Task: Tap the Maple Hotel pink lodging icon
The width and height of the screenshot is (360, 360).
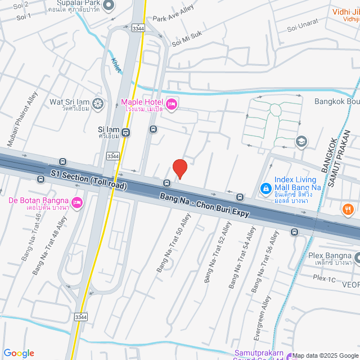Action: [x=172, y=103]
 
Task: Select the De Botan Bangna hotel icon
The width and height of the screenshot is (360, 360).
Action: [x=77, y=202]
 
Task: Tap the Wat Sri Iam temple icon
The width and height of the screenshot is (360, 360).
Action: [x=98, y=103]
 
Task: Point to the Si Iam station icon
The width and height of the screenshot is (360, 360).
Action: [x=125, y=133]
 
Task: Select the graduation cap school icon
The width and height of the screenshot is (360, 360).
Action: [x=301, y=141]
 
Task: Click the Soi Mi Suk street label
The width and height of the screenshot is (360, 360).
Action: [x=186, y=39]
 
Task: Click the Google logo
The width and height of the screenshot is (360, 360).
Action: [x=19, y=353]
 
